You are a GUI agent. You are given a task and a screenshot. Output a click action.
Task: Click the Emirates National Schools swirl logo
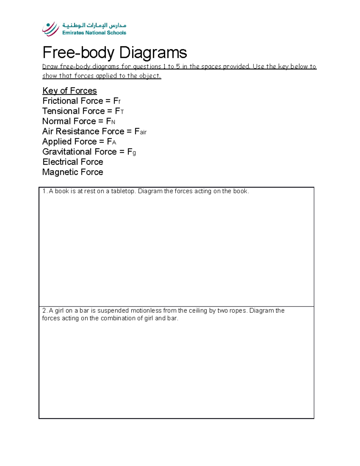tap(51, 29)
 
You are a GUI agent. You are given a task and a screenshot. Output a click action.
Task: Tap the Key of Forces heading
tap(70, 91)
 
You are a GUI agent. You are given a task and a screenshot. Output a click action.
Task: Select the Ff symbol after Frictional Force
tap(117, 101)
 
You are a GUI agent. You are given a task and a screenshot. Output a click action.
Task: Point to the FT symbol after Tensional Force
tap(119, 111)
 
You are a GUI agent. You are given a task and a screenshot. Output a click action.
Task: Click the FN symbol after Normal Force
tap(111, 122)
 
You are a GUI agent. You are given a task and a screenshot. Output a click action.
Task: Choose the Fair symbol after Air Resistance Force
tap(140, 132)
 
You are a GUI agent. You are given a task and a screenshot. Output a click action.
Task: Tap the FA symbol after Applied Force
tap(111, 142)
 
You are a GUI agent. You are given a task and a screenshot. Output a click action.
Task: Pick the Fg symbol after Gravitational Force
tap(131, 152)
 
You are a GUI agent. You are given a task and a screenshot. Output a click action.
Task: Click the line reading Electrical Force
tap(73, 162)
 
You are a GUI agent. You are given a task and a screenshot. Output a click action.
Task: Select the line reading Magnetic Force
tap(73, 172)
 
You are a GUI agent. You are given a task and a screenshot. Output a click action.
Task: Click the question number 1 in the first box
tap(44, 191)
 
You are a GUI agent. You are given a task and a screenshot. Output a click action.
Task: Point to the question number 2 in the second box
tap(44, 311)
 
